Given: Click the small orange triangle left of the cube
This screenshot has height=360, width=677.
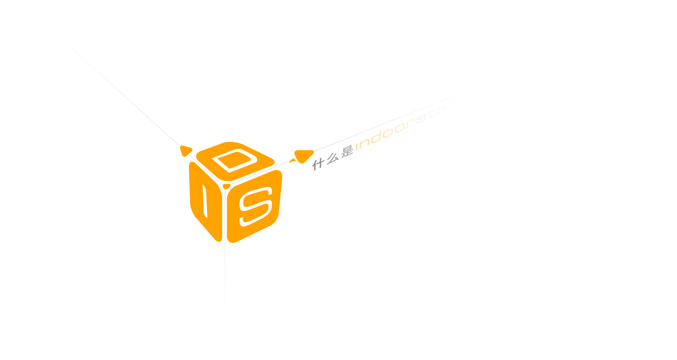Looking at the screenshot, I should pyautogui.click(x=185, y=150).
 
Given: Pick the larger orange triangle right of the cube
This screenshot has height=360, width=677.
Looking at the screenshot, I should pyautogui.click(x=303, y=156).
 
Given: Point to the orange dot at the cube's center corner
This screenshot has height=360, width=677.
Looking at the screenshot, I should pyautogui.click(x=227, y=186).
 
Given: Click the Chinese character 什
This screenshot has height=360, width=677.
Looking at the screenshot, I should pyautogui.click(x=318, y=164).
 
